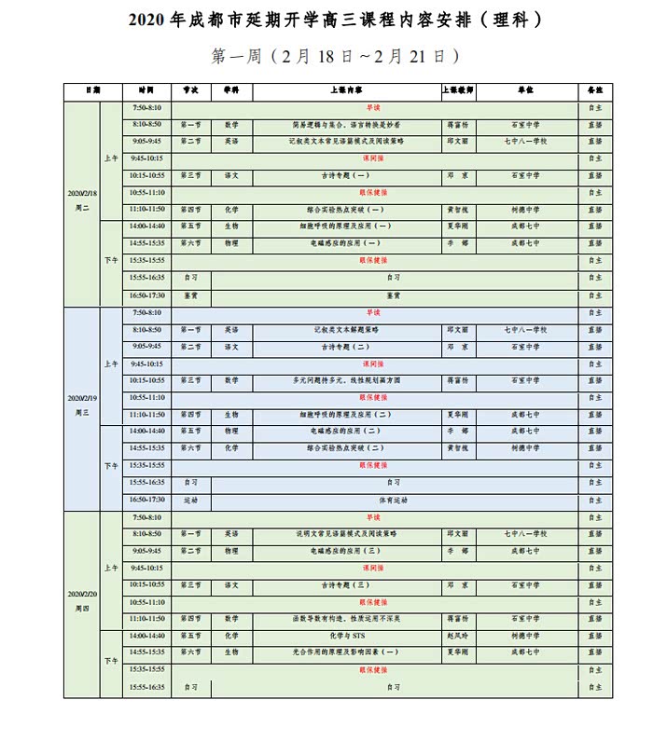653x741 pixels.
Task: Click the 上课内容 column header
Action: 346,91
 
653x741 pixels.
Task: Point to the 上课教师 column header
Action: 458,91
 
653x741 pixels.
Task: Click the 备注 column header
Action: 594,91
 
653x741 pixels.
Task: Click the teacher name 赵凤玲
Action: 457,636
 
